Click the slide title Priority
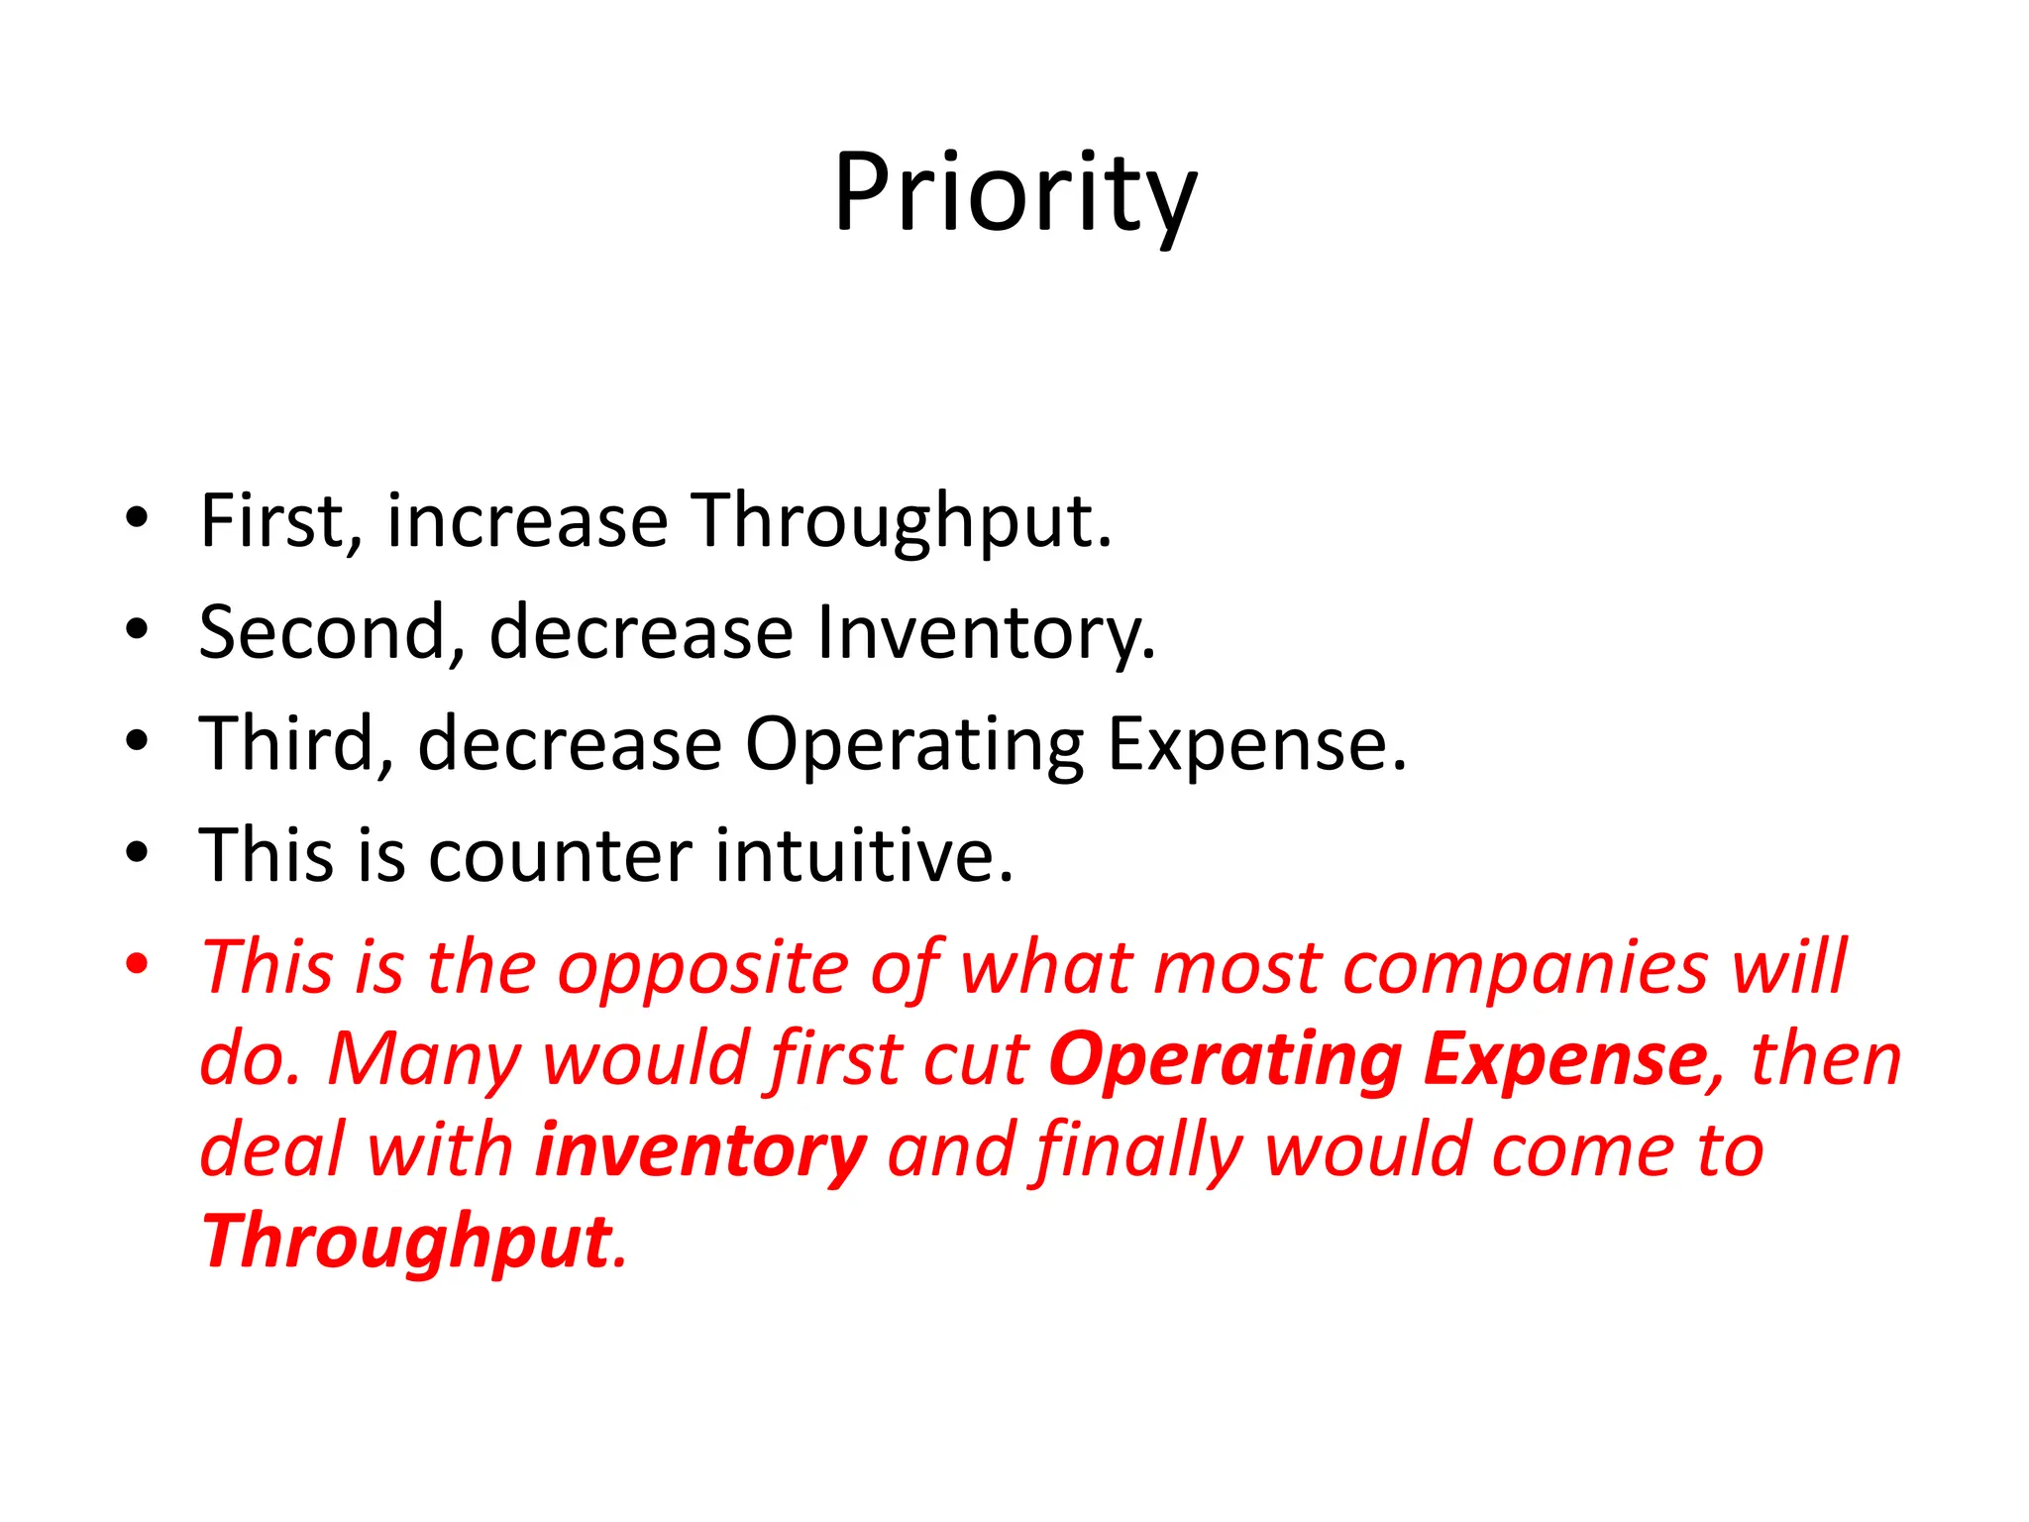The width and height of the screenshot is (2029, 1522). pyautogui.click(x=1014, y=193)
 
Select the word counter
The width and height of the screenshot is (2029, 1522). pyautogui.click(x=560, y=856)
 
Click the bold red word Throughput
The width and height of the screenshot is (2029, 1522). pyautogui.click(x=406, y=1243)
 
